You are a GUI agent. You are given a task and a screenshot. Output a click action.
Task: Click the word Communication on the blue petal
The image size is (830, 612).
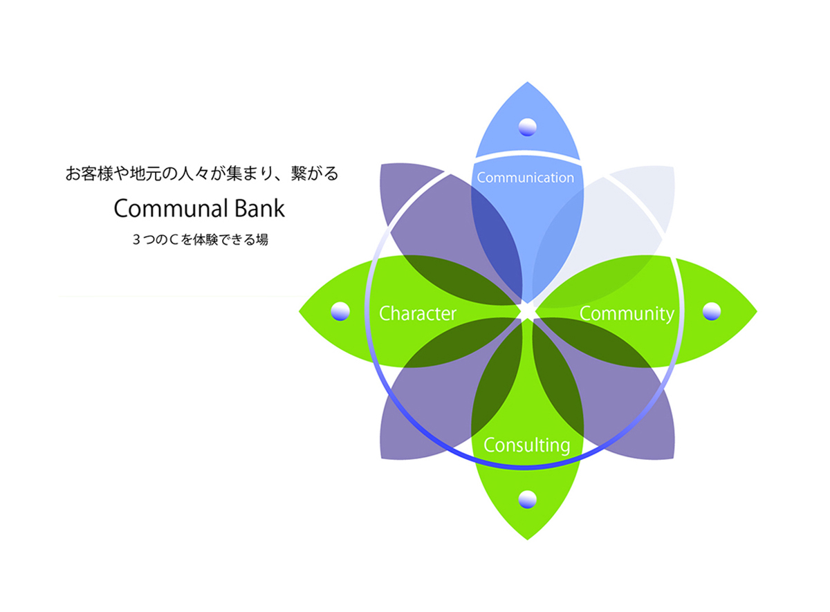click(526, 178)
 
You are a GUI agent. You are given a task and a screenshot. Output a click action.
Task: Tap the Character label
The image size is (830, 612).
click(418, 314)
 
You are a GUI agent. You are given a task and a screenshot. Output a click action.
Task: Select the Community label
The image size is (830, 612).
click(627, 315)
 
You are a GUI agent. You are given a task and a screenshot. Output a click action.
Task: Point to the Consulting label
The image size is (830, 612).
click(526, 445)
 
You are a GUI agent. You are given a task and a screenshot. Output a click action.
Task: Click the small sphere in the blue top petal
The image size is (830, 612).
click(527, 127)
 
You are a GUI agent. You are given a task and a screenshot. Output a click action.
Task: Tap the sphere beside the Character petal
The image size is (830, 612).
click(340, 311)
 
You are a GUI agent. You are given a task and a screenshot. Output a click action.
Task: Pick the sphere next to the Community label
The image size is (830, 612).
click(712, 311)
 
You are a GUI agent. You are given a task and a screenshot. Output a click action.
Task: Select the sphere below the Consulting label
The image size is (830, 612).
click(527, 499)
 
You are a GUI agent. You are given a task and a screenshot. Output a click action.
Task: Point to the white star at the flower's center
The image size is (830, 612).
click(527, 312)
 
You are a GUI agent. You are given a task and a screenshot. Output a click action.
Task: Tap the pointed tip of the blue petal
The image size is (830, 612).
click(527, 82)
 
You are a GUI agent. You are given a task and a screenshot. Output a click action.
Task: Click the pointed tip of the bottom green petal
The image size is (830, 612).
click(527, 540)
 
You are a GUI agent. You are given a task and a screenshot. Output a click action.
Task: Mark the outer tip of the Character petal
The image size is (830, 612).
click(299, 311)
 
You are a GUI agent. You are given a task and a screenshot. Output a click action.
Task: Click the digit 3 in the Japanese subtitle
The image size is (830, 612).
click(136, 240)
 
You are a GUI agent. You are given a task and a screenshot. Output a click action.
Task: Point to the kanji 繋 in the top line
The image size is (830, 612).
click(299, 174)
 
